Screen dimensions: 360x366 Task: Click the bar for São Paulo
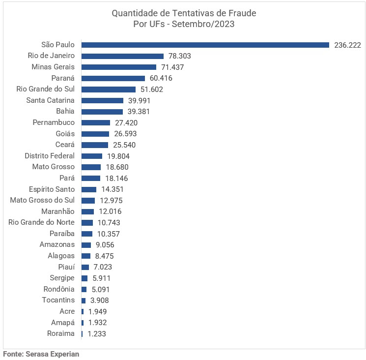205,45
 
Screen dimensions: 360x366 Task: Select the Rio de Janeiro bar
122,56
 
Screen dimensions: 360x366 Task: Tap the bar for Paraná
113,78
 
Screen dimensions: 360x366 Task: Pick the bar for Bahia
102,112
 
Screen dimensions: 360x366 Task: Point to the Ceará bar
94,145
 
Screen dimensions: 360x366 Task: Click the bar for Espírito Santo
88,189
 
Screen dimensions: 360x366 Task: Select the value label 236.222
347,45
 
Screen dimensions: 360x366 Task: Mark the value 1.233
97,334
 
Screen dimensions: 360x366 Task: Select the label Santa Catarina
50,100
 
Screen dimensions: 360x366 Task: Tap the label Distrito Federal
50,156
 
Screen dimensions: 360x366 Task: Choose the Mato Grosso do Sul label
42,200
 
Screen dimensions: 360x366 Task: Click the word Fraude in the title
242,13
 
